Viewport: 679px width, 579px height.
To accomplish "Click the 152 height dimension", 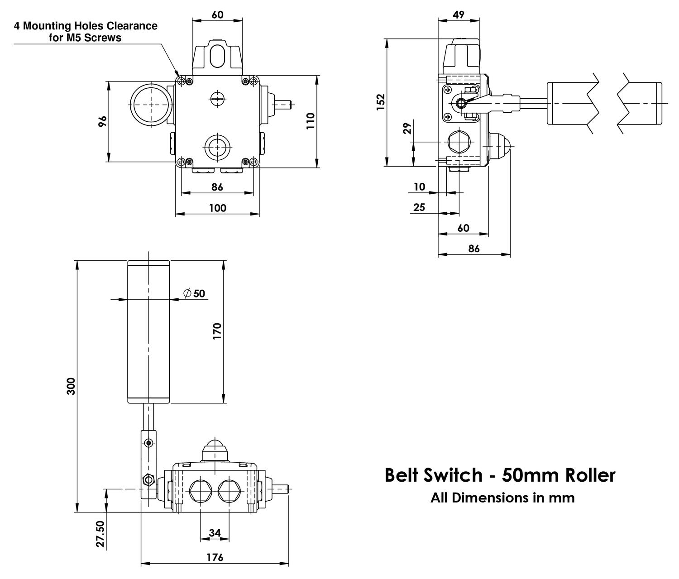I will pyautogui.click(x=381, y=102).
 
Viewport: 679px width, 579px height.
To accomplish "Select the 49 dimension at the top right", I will pyautogui.click(x=459, y=14).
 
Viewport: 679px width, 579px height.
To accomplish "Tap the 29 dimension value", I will pyautogui.click(x=406, y=129).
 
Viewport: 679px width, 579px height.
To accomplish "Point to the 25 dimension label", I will pyautogui.click(x=420, y=207).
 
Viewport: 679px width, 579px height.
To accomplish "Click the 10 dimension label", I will pyautogui.click(x=420, y=187).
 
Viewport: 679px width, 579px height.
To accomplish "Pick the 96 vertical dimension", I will pyautogui.click(x=103, y=121).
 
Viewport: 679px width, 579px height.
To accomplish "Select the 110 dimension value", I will pyautogui.click(x=310, y=121).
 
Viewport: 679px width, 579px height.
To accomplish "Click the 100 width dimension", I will pyautogui.click(x=217, y=208).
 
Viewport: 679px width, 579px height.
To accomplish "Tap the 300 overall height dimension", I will pyautogui.click(x=71, y=386).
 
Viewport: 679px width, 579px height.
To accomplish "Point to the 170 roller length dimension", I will pyautogui.click(x=217, y=331).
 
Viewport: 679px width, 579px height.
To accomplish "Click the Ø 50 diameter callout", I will pyautogui.click(x=194, y=293).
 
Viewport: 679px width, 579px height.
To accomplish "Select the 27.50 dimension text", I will pyautogui.click(x=100, y=534).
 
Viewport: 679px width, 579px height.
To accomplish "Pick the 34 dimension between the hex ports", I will pyautogui.click(x=215, y=533).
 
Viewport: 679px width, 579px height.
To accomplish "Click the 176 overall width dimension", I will pyautogui.click(x=215, y=557).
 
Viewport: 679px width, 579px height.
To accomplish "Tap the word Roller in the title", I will pyautogui.click(x=590, y=475).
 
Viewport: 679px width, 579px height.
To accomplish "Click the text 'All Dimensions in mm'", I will pyautogui.click(x=502, y=498).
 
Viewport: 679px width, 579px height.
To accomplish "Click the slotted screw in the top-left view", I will pyautogui.click(x=217, y=98).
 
